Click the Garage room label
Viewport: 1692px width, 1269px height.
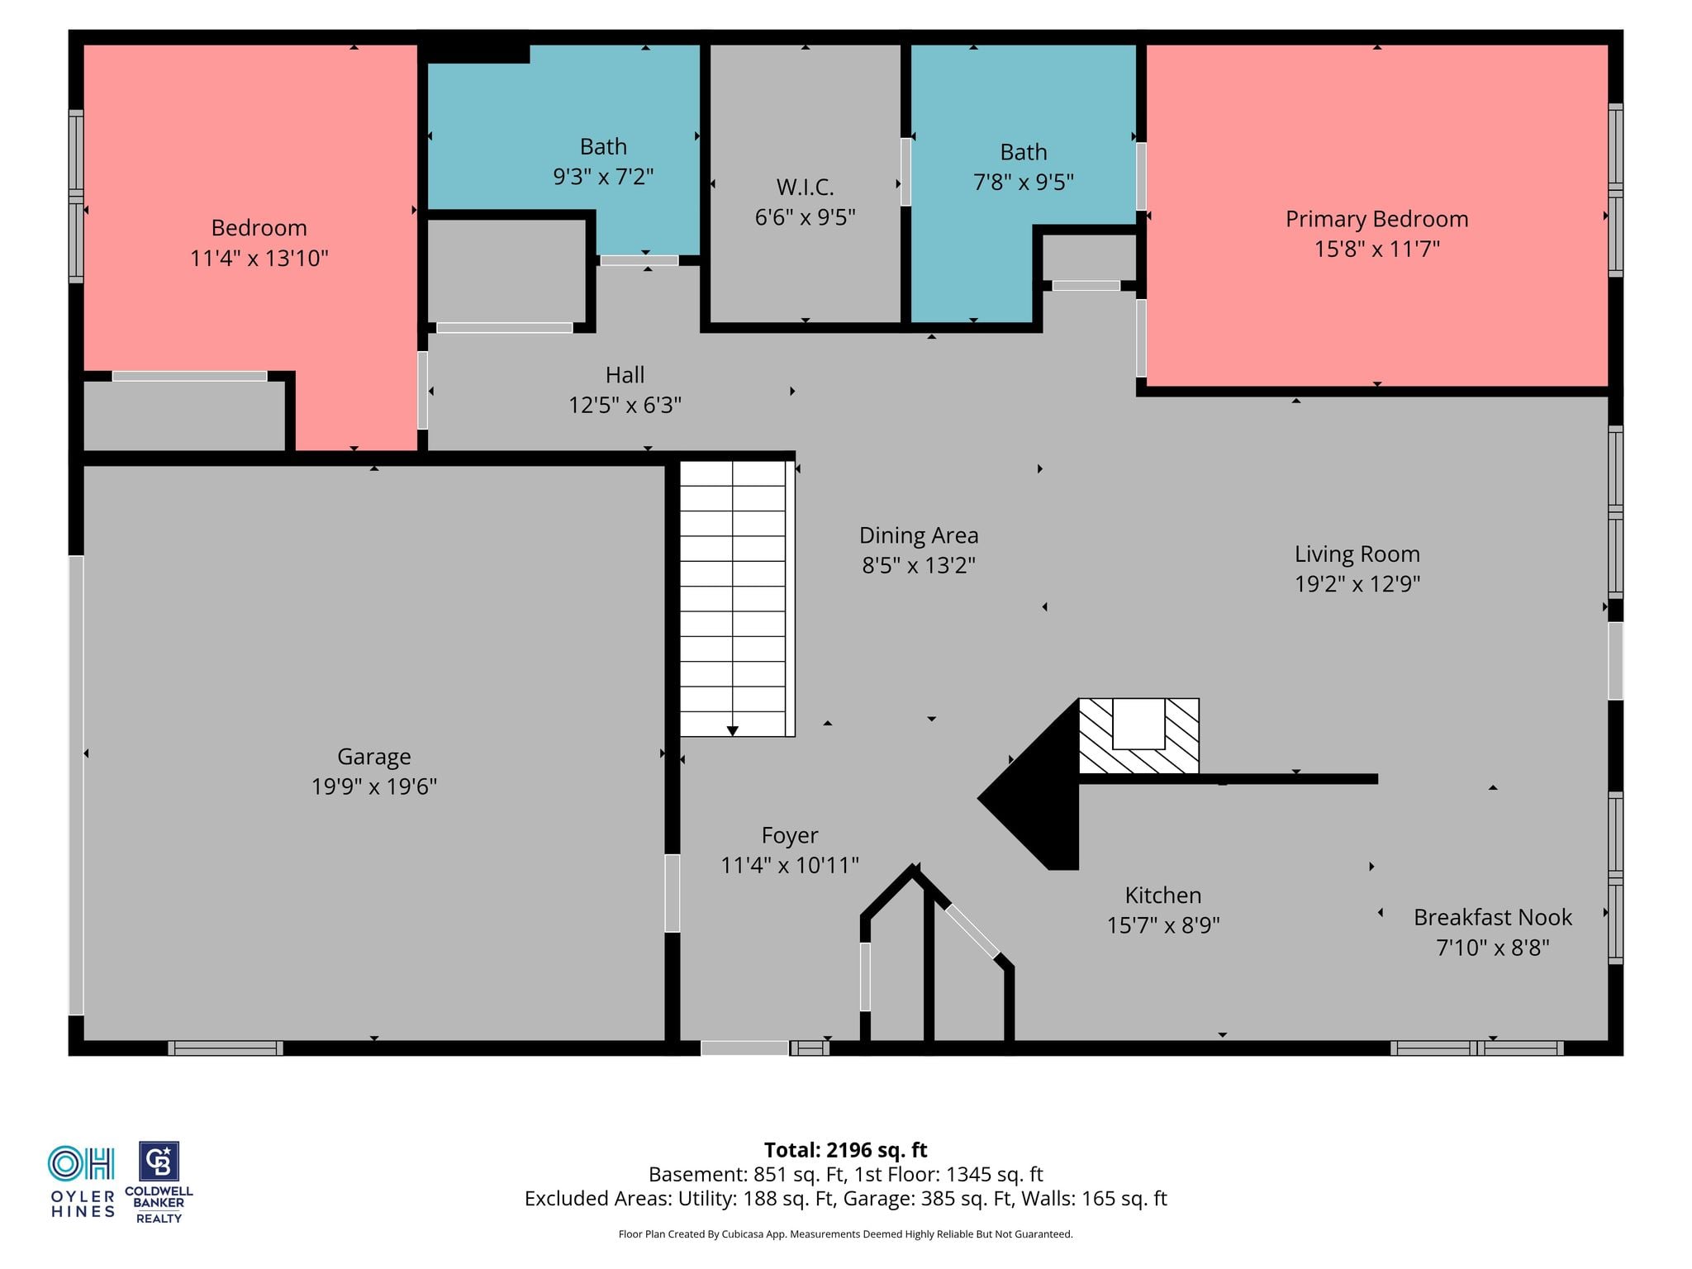coord(373,756)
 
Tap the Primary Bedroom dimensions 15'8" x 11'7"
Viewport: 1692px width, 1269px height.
coord(1376,249)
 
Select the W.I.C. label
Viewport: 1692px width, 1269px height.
coord(805,188)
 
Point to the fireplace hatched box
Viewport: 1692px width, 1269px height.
coord(1138,736)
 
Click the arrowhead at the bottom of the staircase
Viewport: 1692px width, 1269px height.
coord(732,731)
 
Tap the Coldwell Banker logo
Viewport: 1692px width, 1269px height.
coord(159,1182)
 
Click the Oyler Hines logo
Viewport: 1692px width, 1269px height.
coord(82,1181)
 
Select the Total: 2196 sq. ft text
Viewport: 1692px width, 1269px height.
coord(845,1150)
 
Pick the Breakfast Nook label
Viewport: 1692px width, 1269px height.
coord(1492,917)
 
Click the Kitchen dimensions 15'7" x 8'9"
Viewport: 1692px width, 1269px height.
coord(1163,925)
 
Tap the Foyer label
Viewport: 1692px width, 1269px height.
coord(790,835)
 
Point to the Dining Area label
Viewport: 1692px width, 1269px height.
coord(919,535)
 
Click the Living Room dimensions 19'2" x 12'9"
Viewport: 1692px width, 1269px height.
coord(1357,584)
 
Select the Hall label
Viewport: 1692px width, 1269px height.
coord(625,375)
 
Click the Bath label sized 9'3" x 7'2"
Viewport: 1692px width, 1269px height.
coord(603,147)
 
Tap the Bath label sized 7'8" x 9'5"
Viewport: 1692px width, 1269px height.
coord(1023,152)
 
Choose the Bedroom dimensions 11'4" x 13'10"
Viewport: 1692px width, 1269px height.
coord(259,259)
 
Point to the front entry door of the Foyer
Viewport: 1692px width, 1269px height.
coord(744,1048)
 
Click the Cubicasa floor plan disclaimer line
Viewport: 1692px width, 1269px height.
coord(845,1234)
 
